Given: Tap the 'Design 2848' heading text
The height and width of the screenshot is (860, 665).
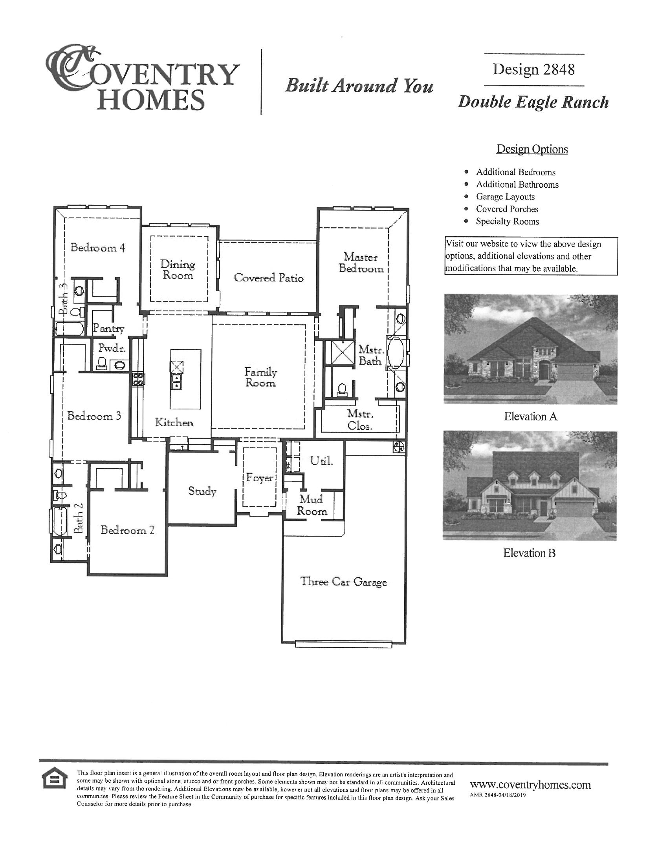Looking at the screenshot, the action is tap(533, 69).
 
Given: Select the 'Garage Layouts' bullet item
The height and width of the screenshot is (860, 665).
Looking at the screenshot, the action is tap(505, 196).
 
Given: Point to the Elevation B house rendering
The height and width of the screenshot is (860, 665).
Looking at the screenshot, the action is tap(529, 486).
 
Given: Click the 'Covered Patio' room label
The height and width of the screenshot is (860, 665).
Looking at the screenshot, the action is tap(269, 278).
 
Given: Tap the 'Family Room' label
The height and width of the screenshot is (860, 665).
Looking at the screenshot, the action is tap(261, 377).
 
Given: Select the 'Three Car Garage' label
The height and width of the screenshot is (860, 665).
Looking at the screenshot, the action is tap(343, 582).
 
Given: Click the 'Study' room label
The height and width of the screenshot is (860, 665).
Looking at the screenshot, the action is tap(202, 491).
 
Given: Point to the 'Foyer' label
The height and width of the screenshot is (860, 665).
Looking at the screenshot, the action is tap(259, 478).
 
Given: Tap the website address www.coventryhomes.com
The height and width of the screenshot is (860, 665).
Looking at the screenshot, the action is tap(530, 784).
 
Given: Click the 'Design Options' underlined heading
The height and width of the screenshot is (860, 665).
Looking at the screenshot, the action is tap(532, 149).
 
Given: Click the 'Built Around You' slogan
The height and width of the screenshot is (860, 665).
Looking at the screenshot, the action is tap(359, 86).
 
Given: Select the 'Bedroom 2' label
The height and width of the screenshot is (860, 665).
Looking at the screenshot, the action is tap(127, 530).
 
